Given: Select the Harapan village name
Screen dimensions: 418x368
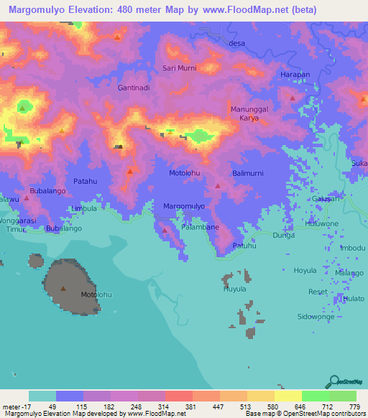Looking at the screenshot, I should pyautogui.click(x=295, y=75).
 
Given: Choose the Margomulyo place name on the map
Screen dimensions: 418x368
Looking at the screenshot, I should pyautogui.click(x=185, y=206).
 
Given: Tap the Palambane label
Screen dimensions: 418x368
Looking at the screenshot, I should pyautogui.click(x=201, y=227).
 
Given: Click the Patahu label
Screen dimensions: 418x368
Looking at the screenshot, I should pyautogui.click(x=86, y=182).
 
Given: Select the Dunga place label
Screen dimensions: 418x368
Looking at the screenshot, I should pyautogui.click(x=284, y=235).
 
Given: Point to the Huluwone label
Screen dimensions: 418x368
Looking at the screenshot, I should pyautogui.click(x=322, y=223).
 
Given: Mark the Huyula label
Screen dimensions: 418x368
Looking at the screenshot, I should pyautogui.click(x=234, y=289).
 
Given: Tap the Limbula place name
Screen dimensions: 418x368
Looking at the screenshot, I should pyautogui.click(x=85, y=208).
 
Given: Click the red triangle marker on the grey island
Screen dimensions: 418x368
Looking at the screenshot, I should pyautogui.click(x=63, y=289).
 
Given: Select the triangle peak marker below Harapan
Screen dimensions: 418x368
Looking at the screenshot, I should pyautogui.click(x=292, y=98).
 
